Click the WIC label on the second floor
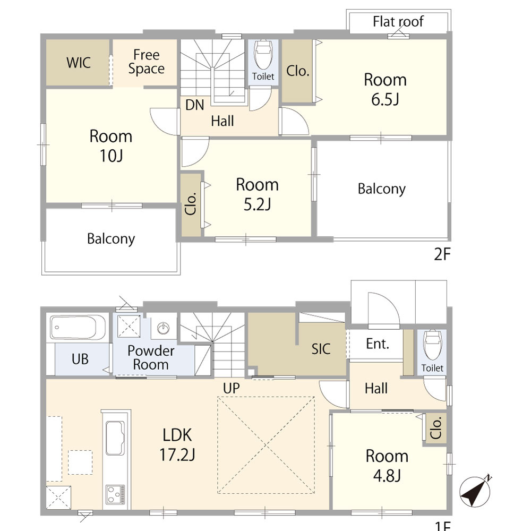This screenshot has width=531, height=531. coord(79,63)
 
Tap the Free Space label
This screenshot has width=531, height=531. coord(147,62)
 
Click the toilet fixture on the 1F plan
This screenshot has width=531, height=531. coord(432,345)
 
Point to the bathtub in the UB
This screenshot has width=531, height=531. coord(78,327)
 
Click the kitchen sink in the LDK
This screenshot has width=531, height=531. coord(115,438)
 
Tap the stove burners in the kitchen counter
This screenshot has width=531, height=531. coord(115,494)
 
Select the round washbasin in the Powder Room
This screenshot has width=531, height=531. coord(164,328)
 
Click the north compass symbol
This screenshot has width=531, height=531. coord(475,491)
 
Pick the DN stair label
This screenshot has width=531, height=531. coord(195,105)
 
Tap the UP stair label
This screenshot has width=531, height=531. coord(232,388)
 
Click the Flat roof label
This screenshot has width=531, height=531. coord(398,22)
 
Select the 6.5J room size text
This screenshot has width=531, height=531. coord(385,100)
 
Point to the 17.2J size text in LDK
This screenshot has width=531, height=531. coord(177,455)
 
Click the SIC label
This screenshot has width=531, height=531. coord(321,349)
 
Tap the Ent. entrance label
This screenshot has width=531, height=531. coord(378,344)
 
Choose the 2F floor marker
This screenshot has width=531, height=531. coord(442,254)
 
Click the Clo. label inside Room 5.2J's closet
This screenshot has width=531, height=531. coord(191,204)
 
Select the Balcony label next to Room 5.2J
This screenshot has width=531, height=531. coord(382,189)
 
